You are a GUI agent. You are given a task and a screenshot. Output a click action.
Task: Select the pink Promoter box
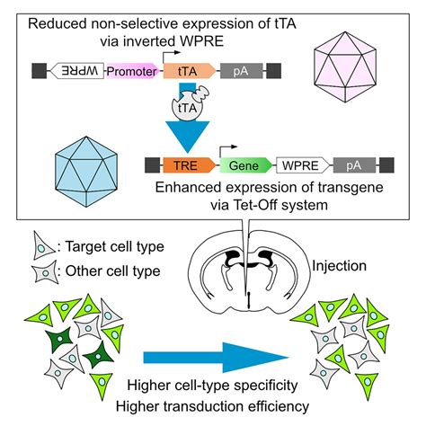pos(132,71)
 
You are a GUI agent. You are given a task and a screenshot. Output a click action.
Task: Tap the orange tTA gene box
pos(189,71)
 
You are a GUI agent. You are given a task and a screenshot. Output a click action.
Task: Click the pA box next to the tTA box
pos(242,71)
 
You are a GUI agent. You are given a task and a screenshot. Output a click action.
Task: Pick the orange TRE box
pos(189,165)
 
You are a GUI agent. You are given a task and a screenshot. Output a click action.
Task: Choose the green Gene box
pos(245,165)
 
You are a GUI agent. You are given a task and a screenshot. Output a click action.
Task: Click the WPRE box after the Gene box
pos(302,165)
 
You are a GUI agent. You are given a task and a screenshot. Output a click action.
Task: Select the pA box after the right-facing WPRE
pos(354,165)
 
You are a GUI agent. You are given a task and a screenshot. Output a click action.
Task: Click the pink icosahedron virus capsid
pos(345,67)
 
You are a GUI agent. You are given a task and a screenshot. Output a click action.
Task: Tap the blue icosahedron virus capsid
pos(86,172)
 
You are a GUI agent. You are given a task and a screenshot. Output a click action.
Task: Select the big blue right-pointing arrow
pos(215,357)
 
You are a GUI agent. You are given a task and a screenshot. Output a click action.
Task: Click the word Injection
pos(339,266)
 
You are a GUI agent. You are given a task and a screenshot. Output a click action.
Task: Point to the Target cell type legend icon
pos(43,246)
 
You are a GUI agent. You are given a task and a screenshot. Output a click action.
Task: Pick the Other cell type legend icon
pos(46,271)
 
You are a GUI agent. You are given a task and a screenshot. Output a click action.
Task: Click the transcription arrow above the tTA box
pos(172,57)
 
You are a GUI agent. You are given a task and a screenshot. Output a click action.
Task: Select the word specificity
pos(265,386)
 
